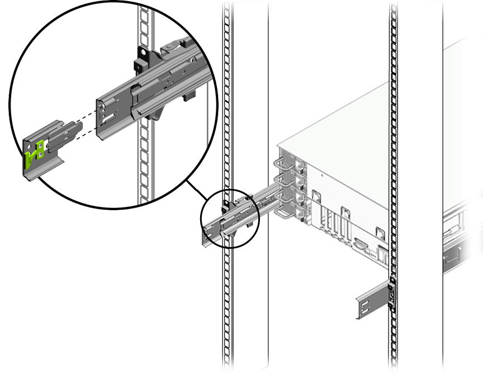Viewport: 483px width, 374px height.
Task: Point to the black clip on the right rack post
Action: pyautogui.click(x=392, y=291)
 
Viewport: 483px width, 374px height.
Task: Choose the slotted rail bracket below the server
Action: pyautogui.click(x=369, y=302)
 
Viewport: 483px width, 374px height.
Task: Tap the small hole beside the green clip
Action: pyautogui.click(x=41, y=146)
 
